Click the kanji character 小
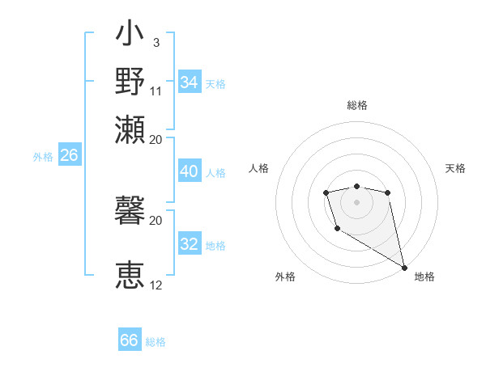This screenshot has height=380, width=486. pos(130,36)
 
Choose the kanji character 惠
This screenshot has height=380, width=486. pos(130,275)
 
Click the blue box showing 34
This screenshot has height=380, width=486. pos(189,82)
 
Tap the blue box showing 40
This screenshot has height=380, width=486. pos(189,171)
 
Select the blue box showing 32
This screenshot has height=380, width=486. pos(189,244)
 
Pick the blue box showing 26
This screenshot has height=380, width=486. pos(69,155)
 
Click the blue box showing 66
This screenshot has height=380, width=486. pos(130,340)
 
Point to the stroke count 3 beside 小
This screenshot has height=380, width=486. pos(156,41)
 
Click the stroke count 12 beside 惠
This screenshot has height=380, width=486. pos(156,285)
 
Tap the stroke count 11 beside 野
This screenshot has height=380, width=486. pos(156,91)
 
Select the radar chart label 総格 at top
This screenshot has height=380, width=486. pos(356,105)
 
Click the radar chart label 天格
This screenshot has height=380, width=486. pos(456,168)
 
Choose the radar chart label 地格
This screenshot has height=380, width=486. pos(424,277)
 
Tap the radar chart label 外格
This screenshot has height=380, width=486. pos(285,277)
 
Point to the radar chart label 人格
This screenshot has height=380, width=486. pos(258,168)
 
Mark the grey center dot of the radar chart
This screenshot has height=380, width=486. pos(356,201)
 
